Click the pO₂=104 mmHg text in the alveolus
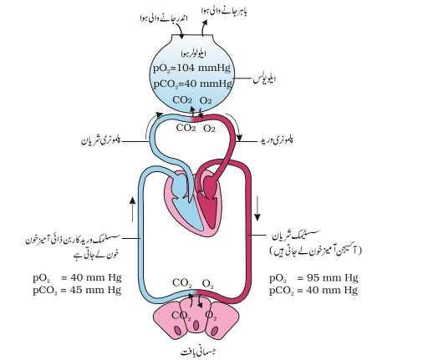click(x=191, y=68)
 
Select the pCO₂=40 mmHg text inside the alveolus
click(x=193, y=84)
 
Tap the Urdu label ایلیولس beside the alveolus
click(x=264, y=79)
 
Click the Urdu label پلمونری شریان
click(x=101, y=140)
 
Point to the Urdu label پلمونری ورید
click(x=276, y=139)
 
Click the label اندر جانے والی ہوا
click(x=164, y=18)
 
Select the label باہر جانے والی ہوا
click(x=224, y=11)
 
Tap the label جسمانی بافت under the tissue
click(x=198, y=352)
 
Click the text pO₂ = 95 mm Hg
click(x=313, y=278)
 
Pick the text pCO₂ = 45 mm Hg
click(x=77, y=291)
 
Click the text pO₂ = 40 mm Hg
click(x=77, y=278)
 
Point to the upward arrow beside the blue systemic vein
click(x=133, y=210)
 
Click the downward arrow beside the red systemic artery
click(x=257, y=209)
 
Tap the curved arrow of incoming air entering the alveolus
click(x=179, y=30)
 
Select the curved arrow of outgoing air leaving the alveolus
click(x=204, y=28)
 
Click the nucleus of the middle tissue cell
click(x=196, y=325)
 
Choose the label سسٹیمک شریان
click(x=295, y=236)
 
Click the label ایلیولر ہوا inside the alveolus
click(x=194, y=53)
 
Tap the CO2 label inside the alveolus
click(x=182, y=100)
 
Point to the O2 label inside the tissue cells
click(x=211, y=316)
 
